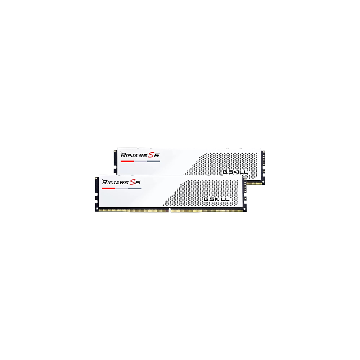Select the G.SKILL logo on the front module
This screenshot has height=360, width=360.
[218, 198]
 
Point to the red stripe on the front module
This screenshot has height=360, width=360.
[108, 189]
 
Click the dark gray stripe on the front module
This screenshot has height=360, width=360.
[135, 189]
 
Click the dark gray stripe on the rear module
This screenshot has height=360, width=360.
[153, 161]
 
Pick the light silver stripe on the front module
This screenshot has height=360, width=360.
[121, 189]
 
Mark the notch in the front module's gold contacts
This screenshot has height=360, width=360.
[170, 210]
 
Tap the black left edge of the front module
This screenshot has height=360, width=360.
[97, 193]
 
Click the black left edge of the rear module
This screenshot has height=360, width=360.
[115, 160]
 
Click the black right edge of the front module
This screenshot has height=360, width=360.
[244, 193]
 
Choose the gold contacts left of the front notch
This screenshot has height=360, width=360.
[133, 210]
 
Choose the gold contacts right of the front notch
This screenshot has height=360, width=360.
[207, 210]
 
